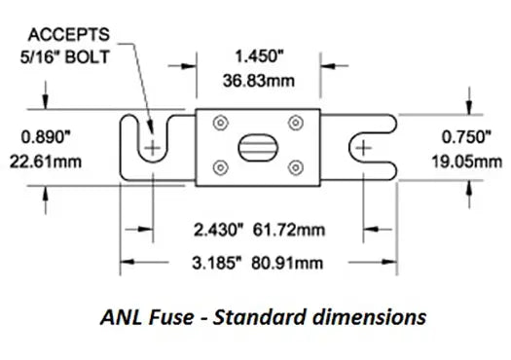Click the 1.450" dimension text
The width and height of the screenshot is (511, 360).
(x=260, y=56)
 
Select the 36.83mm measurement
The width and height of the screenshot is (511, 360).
(x=259, y=81)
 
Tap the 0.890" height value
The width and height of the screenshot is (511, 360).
(x=46, y=137)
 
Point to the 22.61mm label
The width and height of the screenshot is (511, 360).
(x=46, y=162)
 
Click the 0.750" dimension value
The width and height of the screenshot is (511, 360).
(x=466, y=137)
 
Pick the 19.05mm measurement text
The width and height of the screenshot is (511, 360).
(x=466, y=162)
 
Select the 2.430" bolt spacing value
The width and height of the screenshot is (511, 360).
(x=219, y=230)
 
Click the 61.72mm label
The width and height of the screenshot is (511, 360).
(x=289, y=230)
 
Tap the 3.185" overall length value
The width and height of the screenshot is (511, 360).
(x=217, y=264)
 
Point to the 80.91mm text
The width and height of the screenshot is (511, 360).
(x=287, y=264)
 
